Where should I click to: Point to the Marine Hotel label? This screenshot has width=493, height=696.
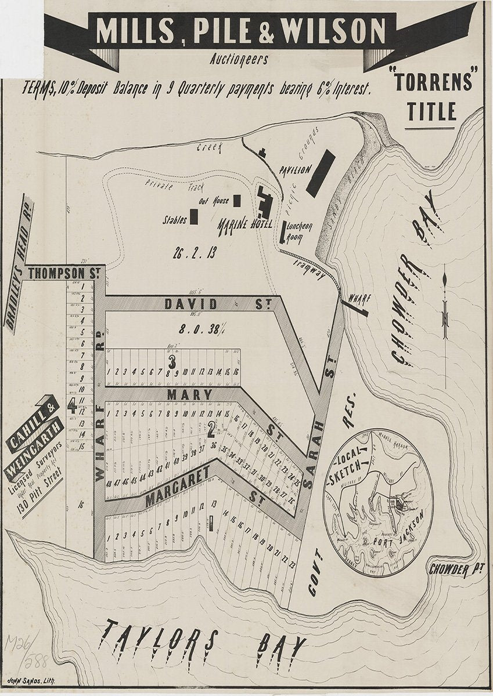point(242,224)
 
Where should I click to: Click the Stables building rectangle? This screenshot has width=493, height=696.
point(193,216)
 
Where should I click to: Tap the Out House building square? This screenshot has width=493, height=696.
point(237,201)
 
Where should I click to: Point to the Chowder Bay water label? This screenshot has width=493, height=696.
point(416,284)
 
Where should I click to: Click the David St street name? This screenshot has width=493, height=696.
point(192,304)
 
